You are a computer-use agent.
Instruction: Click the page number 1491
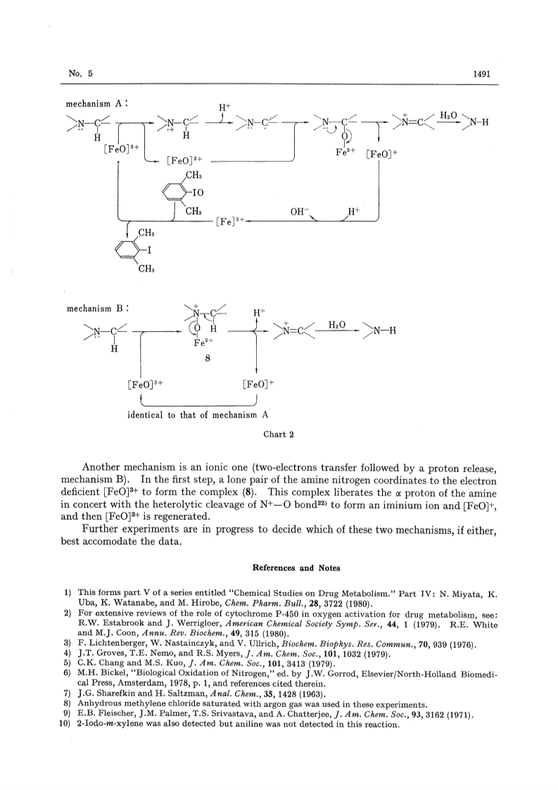click(x=481, y=74)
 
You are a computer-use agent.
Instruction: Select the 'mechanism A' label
click(x=96, y=104)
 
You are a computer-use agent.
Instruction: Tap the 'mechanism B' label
click(x=97, y=308)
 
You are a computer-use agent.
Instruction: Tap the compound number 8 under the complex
click(x=207, y=358)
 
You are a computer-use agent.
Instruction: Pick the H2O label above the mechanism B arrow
click(x=337, y=324)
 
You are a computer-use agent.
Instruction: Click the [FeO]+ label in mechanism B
click(x=258, y=385)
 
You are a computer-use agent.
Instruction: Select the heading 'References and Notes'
click(x=296, y=568)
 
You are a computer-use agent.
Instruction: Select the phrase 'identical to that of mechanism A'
click(x=198, y=415)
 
